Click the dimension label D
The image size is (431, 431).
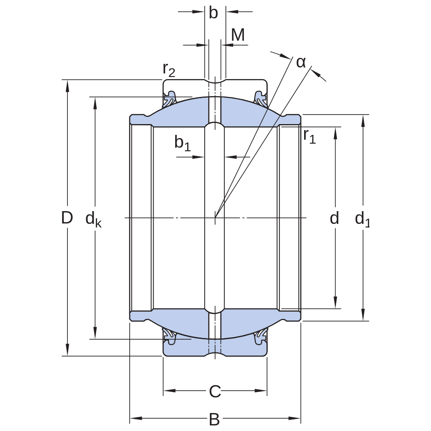tap(67, 217)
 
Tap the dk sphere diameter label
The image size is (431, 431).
tap(93, 219)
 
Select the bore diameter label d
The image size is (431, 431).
tap(334, 218)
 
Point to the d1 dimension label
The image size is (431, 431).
tap(362, 219)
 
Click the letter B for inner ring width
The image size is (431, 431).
tap(214, 419)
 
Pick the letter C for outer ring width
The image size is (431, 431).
tap(215, 391)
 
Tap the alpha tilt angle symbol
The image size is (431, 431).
tap(301, 62)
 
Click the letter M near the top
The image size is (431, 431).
tap(238, 35)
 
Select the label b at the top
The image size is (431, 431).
tap(213, 12)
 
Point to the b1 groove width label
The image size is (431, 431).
tap(182, 143)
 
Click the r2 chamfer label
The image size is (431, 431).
tap(169, 69)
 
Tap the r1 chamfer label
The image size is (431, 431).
tap(310, 136)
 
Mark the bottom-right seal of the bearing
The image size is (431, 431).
tap(260, 337)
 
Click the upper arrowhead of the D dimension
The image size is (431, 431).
tap(67, 85)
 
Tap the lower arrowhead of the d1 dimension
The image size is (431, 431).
tap(363, 315)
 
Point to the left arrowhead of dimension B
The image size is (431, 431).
tap(136, 418)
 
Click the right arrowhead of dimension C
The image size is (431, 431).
tap(261, 390)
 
